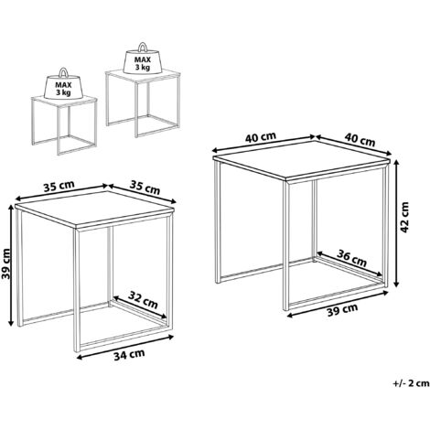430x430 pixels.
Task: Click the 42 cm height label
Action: tap(405, 217)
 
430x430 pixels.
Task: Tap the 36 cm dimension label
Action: tap(352, 257)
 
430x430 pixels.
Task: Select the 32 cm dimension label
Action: tap(143, 299)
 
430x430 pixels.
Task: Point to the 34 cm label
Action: tap(129, 355)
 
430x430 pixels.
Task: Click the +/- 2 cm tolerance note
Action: tap(411, 383)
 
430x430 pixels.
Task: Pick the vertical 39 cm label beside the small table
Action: tap(5, 263)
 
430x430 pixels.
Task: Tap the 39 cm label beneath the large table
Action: tap(342, 310)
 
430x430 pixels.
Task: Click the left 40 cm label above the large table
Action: tap(261, 137)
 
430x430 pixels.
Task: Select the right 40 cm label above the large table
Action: tap(360, 140)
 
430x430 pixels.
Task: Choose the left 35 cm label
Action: tap(59, 186)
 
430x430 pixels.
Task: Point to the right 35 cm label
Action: tap(145, 188)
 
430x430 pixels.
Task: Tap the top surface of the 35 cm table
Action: tap(94, 209)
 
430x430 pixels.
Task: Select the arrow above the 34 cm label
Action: tap(125, 348)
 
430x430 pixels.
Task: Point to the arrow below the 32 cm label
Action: tap(140, 307)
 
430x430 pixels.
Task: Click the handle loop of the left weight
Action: tap(63, 72)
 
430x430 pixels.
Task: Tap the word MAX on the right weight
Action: tap(143, 60)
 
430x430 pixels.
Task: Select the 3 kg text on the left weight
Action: tap(63, 92)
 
